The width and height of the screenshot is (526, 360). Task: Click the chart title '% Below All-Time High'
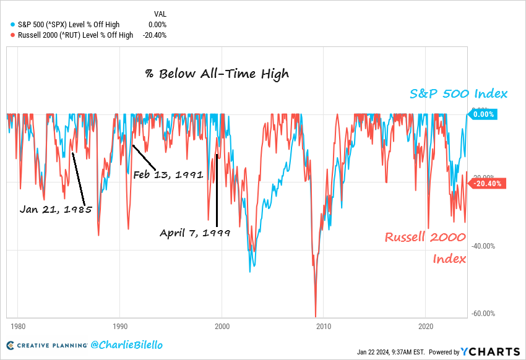(x=217, y=74)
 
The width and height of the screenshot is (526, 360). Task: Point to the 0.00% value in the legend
(x=157, y=24)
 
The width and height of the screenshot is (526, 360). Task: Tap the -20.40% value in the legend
(x=154, y=35)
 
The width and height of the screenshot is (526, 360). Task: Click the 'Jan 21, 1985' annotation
(x=56, y=209)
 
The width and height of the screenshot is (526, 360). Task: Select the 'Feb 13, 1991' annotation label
(x=168, y=174)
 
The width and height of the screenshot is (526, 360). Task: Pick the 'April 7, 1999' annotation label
(x=195, y=233)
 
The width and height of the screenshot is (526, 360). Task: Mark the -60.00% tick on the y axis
(x=483, y=314)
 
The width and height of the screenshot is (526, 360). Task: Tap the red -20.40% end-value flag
(x=488, y=183)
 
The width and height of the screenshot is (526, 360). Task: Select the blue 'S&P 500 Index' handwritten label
(x=459, y=94)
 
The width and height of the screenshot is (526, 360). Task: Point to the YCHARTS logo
(x=490, y=351)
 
